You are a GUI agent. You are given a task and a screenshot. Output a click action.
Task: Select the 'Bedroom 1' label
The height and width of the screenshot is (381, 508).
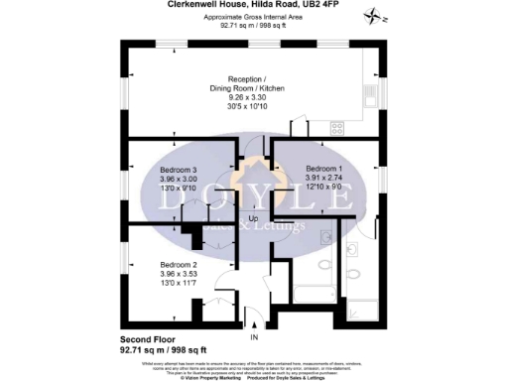(324, 169)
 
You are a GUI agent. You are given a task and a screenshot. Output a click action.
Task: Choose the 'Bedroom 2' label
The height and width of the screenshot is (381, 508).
(180, 265)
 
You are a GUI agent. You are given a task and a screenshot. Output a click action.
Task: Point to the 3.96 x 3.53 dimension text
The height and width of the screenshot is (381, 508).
(180, 274)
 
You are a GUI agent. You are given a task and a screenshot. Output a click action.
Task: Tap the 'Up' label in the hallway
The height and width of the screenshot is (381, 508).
(253, 218)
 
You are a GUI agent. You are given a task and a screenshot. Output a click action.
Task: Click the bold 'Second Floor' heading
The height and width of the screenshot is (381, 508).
(149, 339)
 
